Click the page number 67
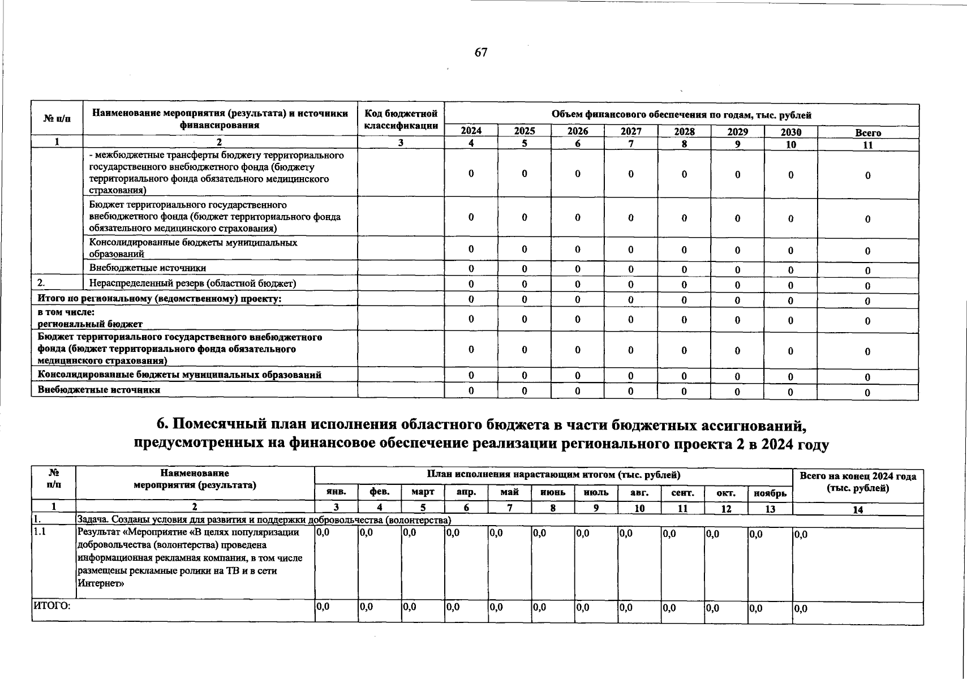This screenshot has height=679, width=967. point(481,53)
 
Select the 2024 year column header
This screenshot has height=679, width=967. point(471,131)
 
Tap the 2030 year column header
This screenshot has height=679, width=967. point(790,132)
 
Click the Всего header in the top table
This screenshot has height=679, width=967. point(868,133)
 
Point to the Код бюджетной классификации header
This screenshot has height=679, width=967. point(401,119)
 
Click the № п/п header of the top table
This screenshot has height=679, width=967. point(57,119)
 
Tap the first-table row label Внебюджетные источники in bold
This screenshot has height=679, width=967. point(99,390)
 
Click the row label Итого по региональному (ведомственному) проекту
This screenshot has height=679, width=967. point(160,298)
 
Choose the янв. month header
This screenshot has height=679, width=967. point(336,492)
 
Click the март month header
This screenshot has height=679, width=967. point(423,492)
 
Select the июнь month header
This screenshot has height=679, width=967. point(553,492)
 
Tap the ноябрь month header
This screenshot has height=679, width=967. point(770,493)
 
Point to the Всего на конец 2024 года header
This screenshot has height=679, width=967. point(858,482)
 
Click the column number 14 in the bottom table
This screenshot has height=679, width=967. point(858,509)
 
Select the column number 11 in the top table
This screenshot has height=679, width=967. point(868,145)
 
